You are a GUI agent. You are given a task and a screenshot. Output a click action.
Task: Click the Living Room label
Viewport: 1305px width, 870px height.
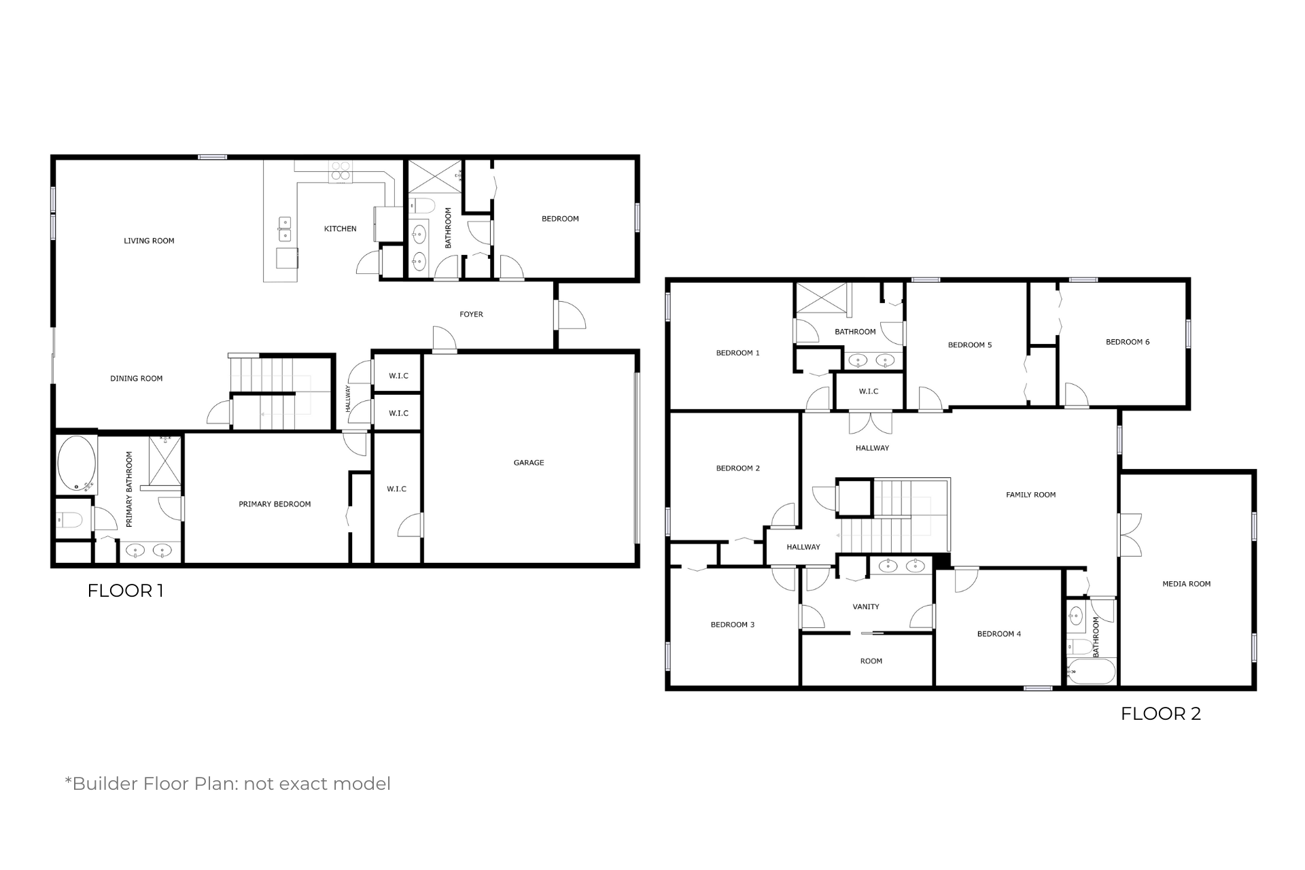tap(149, 241)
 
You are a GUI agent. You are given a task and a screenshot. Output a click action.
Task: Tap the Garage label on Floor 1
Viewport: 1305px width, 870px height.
tap(529, 463)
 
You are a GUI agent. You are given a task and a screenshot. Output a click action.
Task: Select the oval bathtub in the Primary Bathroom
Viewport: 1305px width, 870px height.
tap(77, 464)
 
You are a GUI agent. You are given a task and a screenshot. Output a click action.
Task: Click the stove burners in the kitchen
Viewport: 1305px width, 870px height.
tap(341, 170)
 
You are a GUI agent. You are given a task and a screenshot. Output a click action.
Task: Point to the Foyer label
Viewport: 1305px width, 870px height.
tap(471, 314)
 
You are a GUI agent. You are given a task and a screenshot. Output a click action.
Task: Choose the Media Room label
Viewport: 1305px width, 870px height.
tap(1186, 584)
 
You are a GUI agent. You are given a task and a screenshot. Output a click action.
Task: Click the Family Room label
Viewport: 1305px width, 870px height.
tap(1030, 495)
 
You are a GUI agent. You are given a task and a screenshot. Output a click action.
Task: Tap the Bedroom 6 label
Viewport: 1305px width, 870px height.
tap(1128, 342)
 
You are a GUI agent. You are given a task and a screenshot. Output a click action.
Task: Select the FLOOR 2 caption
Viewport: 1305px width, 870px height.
tap(1161, 714)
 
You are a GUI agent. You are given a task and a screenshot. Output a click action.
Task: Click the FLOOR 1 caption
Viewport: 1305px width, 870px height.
tap(125, 591)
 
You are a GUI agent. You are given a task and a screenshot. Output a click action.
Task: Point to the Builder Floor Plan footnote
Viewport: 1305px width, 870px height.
tap(228, 784)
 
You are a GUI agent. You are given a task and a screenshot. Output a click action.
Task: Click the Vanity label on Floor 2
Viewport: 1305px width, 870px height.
tap(866, 607)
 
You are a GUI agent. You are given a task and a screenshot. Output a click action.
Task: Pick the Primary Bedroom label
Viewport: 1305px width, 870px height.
tap(275, 504)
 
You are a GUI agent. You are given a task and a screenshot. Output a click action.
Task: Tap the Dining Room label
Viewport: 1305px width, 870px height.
tap(137, 379)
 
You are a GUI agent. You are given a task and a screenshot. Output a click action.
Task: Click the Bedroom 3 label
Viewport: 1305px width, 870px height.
tap(733, 625)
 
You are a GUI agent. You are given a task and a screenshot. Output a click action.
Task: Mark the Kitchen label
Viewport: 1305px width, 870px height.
tap(341, 229)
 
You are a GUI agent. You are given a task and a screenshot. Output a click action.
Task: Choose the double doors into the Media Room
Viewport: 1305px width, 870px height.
tap(1130, 534)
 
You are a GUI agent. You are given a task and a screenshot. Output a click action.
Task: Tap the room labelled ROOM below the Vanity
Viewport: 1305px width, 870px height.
tap(871, 661)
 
